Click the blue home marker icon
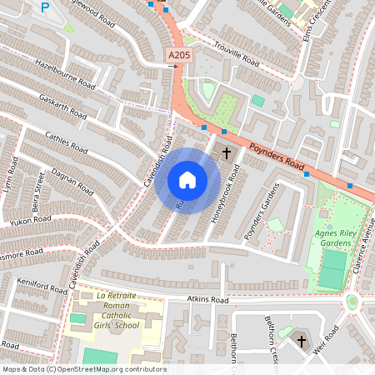pos(187,180)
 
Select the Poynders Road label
pos(275,156)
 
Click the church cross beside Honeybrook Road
pos(226,153)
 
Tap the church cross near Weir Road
pos(301,341)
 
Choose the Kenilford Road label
pos(41,287)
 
